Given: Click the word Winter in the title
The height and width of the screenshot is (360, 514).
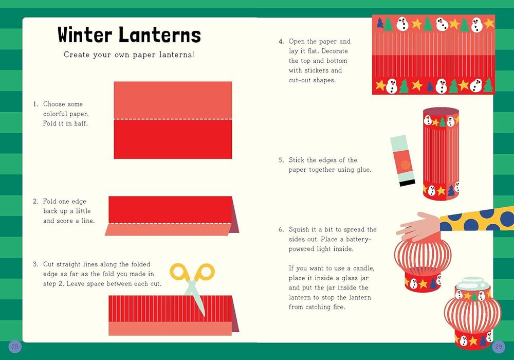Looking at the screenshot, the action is tap(85, 35).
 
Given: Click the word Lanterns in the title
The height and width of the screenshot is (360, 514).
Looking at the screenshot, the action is tap(160, 35).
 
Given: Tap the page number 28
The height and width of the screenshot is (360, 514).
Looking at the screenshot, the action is tap(15, 347).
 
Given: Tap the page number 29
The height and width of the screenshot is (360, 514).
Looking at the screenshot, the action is tap(499, 347).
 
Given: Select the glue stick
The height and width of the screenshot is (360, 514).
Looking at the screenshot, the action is tap(402, 160).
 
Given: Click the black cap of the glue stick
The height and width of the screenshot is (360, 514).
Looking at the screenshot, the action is tap(408, 183).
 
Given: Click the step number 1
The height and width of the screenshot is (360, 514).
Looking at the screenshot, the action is tap(36, 104).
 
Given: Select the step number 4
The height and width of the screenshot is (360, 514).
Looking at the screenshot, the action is tap(281, 42).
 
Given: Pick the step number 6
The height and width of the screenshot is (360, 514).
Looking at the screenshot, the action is tap(281, 229).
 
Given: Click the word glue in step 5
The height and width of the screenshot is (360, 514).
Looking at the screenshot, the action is tap(364, 170).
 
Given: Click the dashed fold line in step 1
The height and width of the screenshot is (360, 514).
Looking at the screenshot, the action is tap(173, 119).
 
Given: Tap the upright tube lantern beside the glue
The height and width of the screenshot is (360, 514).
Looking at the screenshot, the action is tap(441, 153).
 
